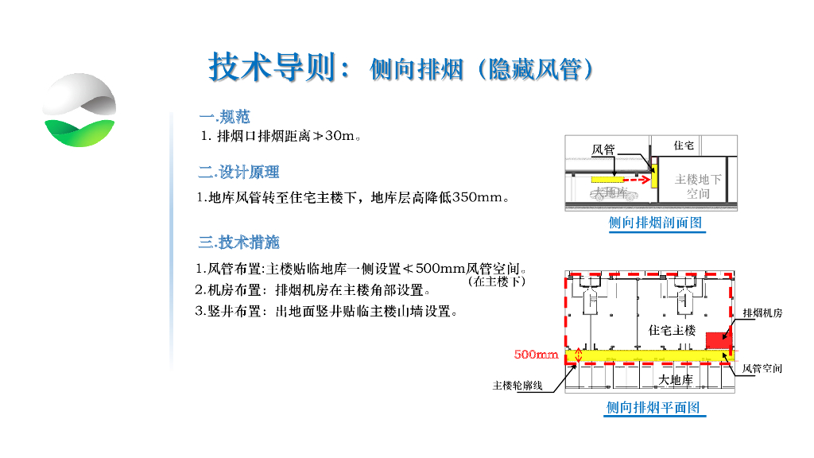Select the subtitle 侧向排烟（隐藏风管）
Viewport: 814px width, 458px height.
482,70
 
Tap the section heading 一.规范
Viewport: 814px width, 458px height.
224,117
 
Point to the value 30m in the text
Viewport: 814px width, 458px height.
339,137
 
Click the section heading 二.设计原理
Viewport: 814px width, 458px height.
238,172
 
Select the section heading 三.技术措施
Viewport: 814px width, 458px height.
238,242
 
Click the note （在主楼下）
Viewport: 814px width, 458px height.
497,281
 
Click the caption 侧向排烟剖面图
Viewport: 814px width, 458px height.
657,223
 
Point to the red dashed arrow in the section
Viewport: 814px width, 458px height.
635,180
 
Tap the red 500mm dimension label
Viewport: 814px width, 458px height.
537,355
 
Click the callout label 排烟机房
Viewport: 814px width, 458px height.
762,313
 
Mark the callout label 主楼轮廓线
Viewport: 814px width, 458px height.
517,386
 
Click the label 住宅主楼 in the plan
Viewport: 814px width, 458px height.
672,330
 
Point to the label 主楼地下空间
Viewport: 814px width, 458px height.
698,186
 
